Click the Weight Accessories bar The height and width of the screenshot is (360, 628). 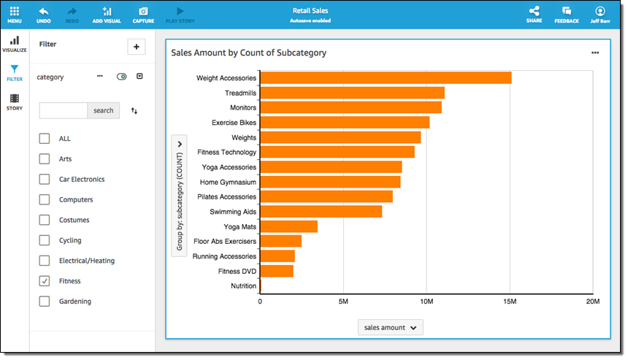coord(386,78)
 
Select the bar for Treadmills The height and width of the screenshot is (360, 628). coord(352,93)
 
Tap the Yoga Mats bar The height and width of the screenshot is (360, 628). coord(288,226)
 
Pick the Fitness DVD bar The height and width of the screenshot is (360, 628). coord(277,271)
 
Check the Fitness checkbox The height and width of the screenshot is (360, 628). coord(45,281)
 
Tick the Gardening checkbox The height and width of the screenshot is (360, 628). coord(45,302)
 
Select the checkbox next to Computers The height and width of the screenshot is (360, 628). coord(45,199)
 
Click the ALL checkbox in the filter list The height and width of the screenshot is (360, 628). coord(45,139)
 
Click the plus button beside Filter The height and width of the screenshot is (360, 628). coord(137,46)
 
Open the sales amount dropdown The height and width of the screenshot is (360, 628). coord(391,328)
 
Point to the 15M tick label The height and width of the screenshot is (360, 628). coord(510,301)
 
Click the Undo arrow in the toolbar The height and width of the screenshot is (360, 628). coord(44,12)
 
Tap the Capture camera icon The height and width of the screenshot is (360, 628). coord(143,12)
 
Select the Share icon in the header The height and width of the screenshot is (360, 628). coord(534,12)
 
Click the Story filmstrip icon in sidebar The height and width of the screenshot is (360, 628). coord(14,99)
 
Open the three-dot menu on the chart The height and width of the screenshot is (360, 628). coord(595,53)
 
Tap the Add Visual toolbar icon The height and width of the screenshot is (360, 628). coord(107,12)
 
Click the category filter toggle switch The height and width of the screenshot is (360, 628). coord(121,77)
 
